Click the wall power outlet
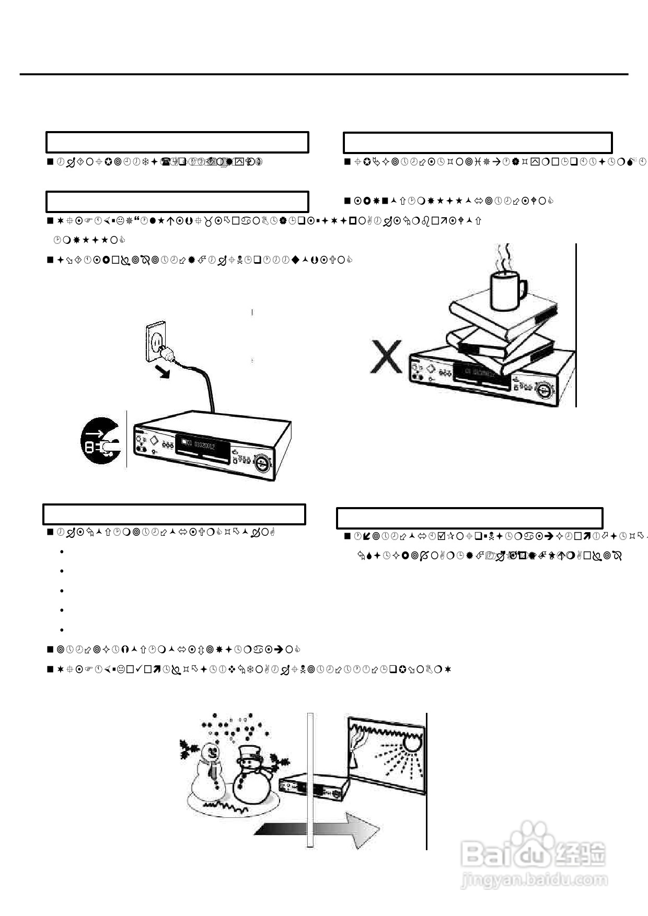155,341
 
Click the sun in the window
411,742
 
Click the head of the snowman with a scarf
211,753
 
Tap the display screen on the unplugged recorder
204,445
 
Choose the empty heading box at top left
177,142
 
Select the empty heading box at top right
477,143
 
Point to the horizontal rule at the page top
324,74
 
